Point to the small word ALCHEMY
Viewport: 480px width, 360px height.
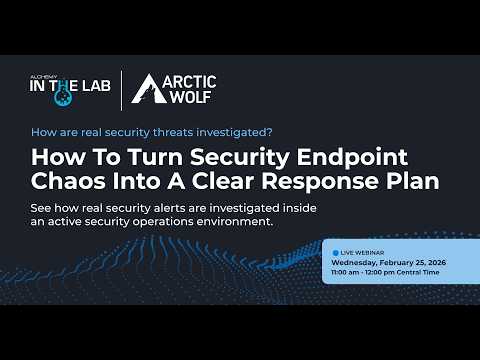click(46, 75)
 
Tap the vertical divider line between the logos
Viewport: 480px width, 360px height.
click(122, 90)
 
